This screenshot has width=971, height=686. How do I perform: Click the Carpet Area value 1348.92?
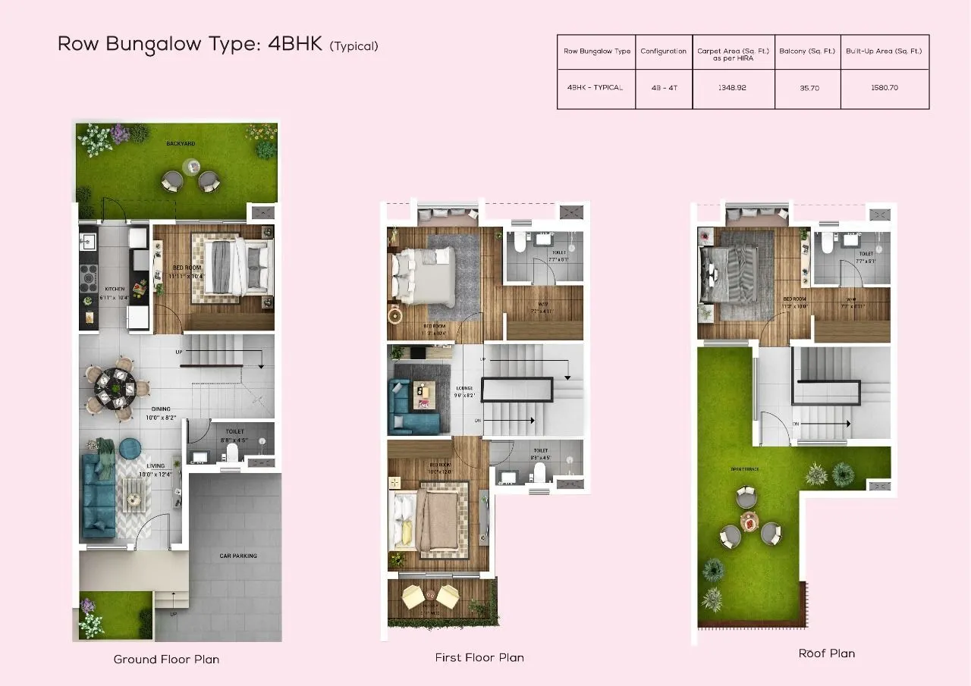point(732,88)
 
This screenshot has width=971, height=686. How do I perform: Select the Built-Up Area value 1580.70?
point(885,88)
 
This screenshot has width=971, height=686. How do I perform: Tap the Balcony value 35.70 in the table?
point(807,88)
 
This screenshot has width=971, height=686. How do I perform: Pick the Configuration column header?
point(664,52)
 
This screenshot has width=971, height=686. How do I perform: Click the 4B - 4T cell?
point(664,88)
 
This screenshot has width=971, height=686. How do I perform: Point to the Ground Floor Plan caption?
point(166,659)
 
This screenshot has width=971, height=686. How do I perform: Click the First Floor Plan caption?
point(479,658)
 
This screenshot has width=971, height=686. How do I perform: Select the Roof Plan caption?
point(826,653)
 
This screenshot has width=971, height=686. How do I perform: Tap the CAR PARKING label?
point(238,556)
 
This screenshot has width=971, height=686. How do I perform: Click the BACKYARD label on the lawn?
point(181,143)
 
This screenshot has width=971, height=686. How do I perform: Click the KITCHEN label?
point(115,289)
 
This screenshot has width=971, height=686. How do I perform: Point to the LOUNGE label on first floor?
point(465,388)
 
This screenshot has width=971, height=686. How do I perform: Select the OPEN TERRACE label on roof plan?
point(745,469)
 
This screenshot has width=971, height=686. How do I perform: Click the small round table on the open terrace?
point(749,521)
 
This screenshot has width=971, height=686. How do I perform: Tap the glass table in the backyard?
point(191,167)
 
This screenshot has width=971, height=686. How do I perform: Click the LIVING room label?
point(155,466)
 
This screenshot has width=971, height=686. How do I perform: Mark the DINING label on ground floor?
point(160,409)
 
